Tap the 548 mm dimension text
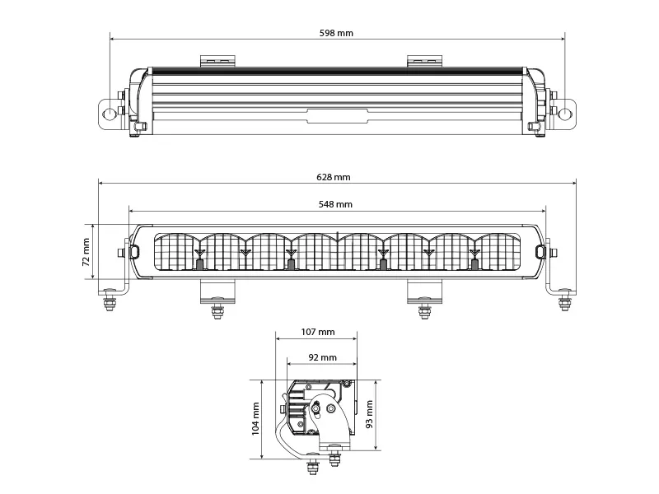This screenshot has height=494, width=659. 338,203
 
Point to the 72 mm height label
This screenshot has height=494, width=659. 86,252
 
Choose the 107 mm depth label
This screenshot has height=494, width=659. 317,332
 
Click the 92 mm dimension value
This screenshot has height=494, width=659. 322,357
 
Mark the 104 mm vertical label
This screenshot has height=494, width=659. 255,418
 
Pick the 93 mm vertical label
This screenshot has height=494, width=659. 371,415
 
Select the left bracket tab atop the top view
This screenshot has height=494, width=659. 218,60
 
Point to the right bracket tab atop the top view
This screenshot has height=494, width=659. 424,60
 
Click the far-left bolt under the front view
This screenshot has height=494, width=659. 110,303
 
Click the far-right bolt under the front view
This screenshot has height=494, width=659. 565,303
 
